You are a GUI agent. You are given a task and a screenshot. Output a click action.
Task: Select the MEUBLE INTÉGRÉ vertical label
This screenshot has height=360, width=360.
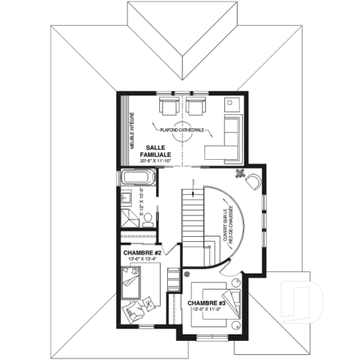click(133, 131)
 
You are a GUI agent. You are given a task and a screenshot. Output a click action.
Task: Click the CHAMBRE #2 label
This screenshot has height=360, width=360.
click(142, 252)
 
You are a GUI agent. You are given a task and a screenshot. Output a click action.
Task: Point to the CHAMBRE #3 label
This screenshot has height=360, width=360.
click(206, 302)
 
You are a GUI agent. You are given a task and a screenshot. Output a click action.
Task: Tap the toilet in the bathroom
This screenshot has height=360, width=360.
click(147, 217)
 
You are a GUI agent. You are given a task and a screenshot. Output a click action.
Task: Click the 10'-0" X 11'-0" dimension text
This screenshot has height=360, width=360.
click(206, 310)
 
